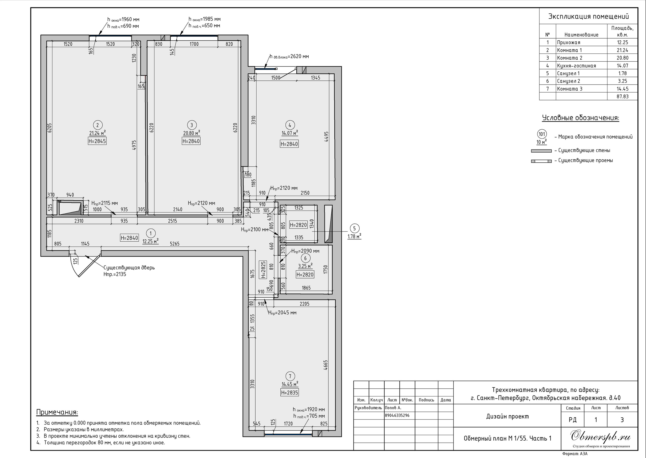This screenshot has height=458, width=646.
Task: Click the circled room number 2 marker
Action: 98,125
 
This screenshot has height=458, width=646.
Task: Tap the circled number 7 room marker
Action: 290,376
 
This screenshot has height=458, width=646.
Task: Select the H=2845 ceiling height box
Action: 97,141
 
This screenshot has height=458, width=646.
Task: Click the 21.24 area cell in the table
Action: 622,50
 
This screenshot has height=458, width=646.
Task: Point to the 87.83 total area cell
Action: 622,96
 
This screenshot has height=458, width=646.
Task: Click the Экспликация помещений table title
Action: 588,16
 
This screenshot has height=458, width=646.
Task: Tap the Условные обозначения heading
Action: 581,118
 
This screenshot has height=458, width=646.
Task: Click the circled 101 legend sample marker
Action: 542,134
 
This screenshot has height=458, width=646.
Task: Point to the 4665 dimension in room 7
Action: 326,365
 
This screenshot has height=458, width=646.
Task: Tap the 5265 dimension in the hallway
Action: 175,244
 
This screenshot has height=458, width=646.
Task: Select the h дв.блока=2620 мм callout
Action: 289,56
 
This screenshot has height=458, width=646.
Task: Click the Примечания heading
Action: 57,412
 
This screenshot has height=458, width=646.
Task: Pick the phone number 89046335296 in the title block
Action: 397,415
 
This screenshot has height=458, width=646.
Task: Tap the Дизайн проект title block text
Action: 507,417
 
